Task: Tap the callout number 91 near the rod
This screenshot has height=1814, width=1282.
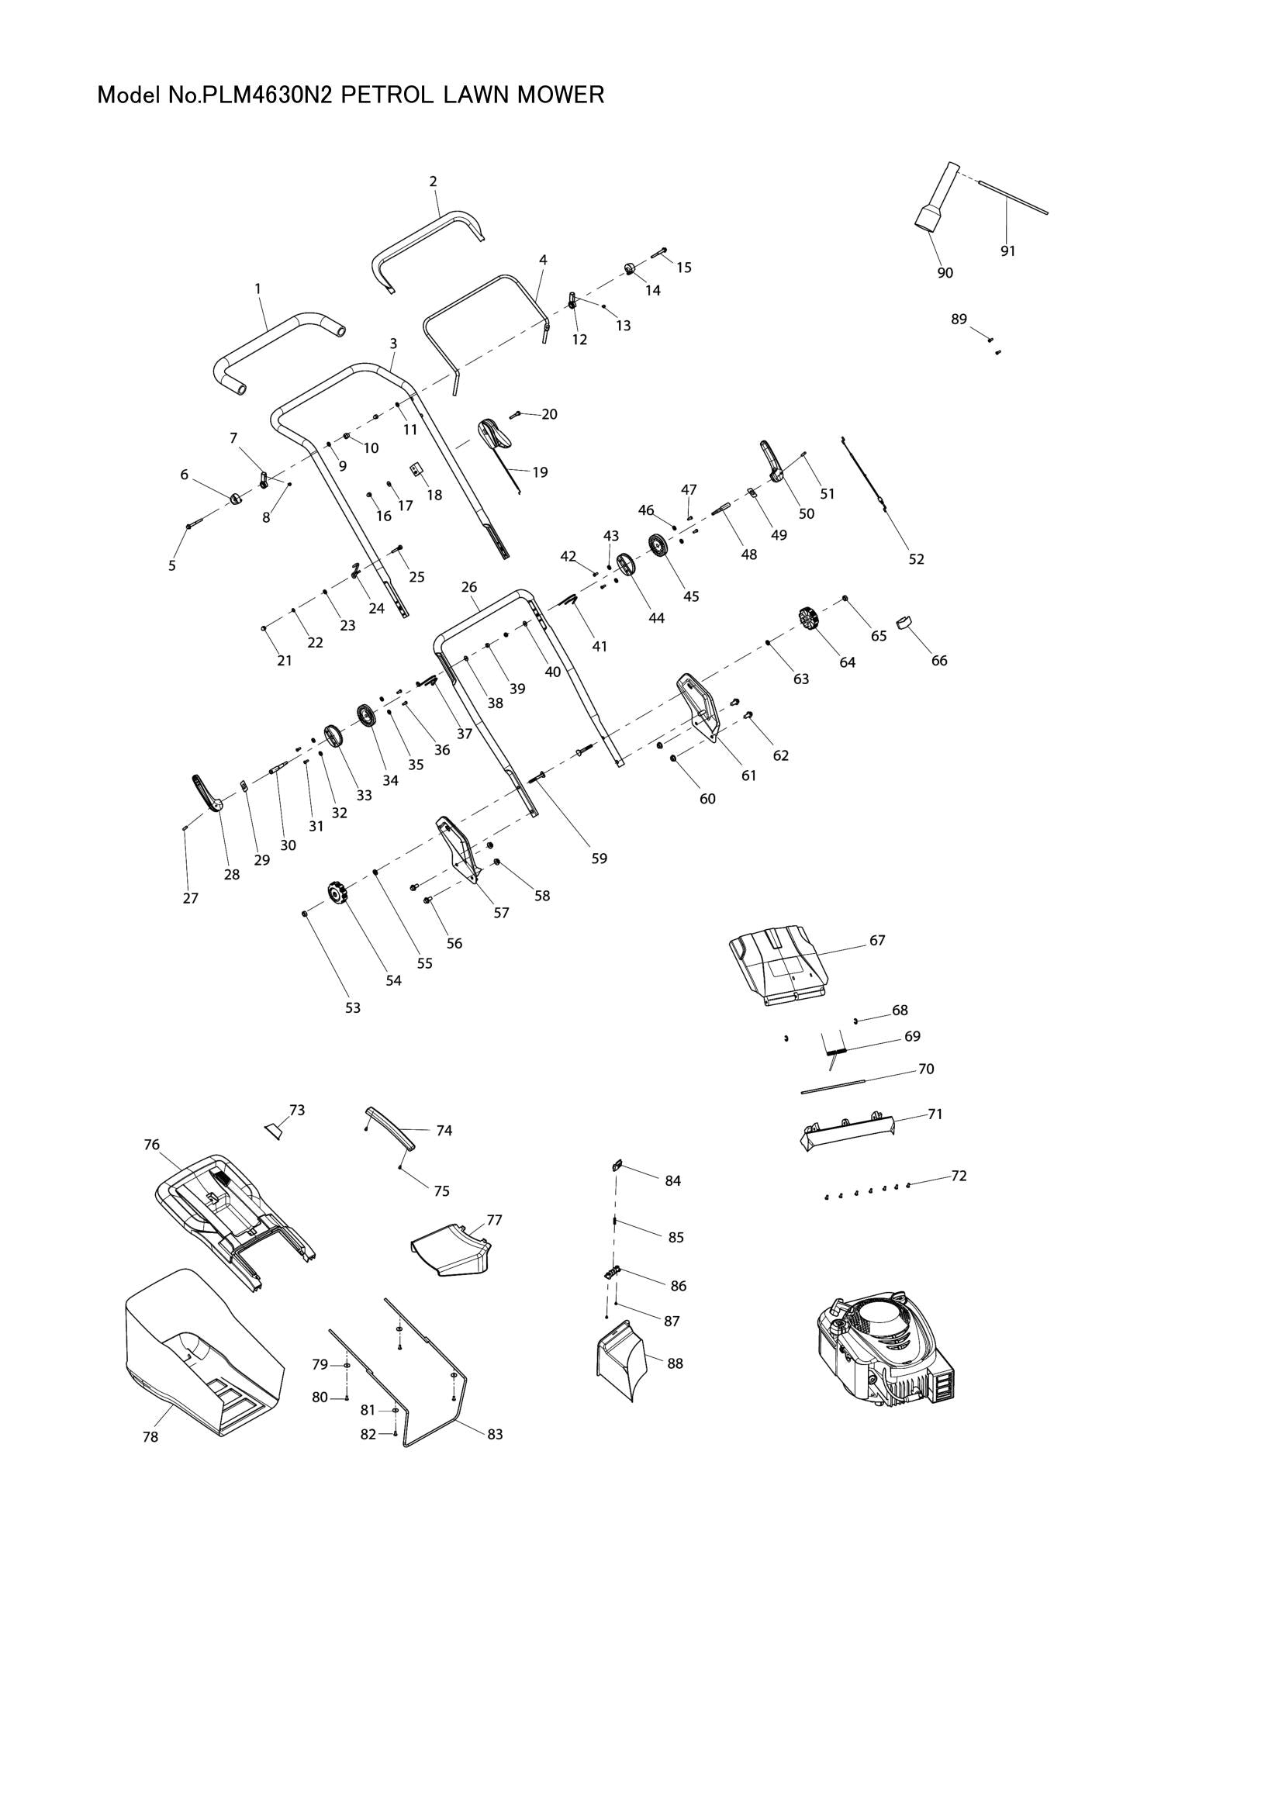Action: click(1007, 251)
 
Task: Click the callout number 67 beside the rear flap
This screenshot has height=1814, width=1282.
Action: click(877, 940)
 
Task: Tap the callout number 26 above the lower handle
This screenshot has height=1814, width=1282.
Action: click(469, 587)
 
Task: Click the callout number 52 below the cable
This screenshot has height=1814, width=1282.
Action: click(915, 558)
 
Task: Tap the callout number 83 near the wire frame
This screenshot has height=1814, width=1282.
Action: click(495, 1434)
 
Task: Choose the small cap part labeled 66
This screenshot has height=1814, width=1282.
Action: click(904, 622)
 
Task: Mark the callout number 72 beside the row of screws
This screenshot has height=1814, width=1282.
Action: click(958, 1176)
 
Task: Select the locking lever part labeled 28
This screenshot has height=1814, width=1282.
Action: click(206, 791)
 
